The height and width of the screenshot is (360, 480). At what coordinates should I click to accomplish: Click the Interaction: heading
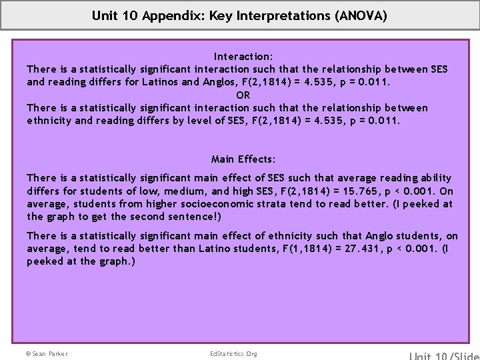243,57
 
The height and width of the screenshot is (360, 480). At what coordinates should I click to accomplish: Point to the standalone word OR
243,95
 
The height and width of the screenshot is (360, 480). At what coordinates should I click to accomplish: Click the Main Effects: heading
243,159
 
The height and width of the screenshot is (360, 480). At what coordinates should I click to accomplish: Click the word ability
435,178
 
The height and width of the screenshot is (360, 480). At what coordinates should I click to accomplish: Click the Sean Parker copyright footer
47,353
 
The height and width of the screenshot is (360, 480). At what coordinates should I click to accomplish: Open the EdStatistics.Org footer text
233,353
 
